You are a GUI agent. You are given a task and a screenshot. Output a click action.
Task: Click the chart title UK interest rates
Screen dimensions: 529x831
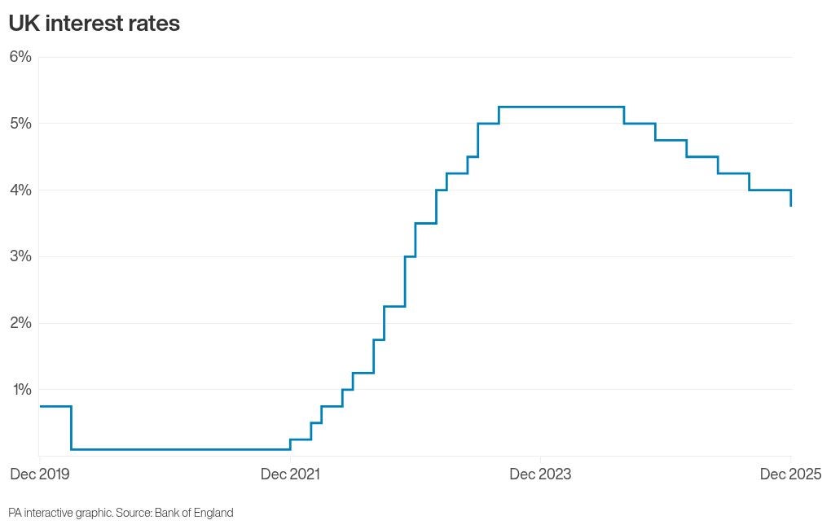pos(94,24)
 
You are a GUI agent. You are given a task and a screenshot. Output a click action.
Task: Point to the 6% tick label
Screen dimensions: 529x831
pos(20,57)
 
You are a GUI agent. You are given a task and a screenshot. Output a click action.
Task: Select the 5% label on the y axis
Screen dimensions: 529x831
pos(20,124)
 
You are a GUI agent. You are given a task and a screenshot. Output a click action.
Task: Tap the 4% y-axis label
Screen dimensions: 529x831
pos(20,190)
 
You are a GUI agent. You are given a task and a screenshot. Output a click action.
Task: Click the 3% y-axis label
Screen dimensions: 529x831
pos(20,256)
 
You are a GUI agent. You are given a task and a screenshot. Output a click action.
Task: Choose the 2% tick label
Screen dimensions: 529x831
pos(20,323)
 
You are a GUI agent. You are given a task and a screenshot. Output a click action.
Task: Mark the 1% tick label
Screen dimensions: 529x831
pos(20,389)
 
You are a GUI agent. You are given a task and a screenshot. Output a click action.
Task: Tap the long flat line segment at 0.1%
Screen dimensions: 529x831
pos(179,448)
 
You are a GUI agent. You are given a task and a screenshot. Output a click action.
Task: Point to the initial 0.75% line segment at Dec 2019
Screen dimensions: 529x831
pos(55,406)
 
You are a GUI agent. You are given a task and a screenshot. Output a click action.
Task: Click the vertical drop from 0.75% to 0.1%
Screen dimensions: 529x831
pos(71,427)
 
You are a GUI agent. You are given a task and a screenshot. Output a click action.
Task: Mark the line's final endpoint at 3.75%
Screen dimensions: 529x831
pos(791,206)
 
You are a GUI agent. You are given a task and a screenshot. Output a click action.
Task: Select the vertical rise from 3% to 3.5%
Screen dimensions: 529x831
pos(415,240)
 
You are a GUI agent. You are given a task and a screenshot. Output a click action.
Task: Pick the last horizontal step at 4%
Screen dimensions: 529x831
pos(770,190)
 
